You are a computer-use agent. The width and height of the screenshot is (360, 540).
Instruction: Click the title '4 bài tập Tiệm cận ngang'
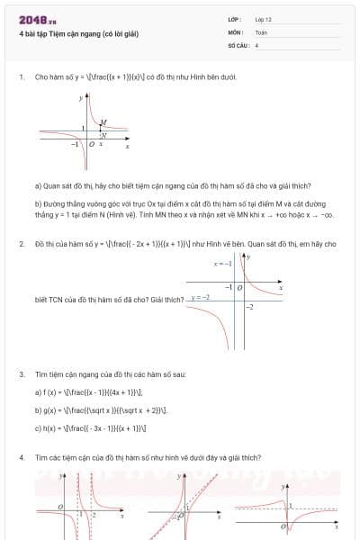point(78,34)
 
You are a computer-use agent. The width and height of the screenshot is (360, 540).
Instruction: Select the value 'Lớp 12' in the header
point(263,19)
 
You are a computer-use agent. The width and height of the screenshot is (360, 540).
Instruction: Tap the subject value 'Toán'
point(261,31)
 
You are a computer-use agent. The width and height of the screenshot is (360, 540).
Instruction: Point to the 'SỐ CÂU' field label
point(237,43)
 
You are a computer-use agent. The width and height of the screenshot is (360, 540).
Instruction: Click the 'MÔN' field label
point(236,31)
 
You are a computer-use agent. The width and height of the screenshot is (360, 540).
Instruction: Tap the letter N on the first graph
point(103,135)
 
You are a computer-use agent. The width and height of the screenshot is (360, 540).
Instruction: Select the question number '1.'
point(21,78)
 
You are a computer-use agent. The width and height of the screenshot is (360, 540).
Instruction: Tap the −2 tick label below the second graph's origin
point(250,308)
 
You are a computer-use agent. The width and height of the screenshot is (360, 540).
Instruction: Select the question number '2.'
point(21,244)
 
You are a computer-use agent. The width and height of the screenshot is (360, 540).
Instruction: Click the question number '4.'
point(21,457)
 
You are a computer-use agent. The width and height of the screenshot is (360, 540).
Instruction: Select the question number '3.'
point(21,373)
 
